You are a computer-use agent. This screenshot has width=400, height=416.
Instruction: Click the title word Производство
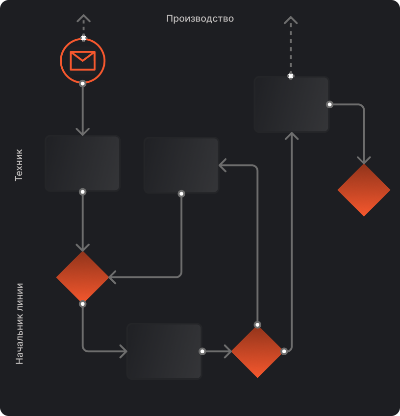point(200,19)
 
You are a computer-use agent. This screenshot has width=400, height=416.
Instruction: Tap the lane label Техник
point(19,165)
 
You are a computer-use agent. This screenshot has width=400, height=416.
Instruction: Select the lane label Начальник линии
point(19,324)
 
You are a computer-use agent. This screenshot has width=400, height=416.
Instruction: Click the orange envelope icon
point(82,61)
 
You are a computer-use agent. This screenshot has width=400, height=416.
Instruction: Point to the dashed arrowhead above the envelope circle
point(84,18)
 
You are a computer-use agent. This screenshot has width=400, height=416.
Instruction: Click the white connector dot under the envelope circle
point(82,84)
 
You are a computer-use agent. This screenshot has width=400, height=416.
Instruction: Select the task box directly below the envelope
point(82,163)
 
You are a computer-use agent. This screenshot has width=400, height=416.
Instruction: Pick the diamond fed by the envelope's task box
point(82,277)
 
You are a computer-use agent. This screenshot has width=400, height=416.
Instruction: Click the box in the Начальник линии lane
point(164,351)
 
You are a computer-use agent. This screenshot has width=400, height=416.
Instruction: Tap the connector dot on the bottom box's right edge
point(202,351)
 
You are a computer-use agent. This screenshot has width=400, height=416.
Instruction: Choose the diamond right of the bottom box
point(257,351)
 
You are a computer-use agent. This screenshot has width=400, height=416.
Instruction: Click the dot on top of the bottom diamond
point(257,325)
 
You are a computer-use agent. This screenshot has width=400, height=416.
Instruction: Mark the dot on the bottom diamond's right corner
point(284,351)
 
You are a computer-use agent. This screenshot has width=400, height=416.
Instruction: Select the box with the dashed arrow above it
point(292,104)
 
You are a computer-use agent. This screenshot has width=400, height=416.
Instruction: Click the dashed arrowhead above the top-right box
point(291,20)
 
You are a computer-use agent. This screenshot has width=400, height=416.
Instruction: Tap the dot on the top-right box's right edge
point(330,104)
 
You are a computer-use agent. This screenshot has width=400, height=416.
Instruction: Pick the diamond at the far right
point(364,190)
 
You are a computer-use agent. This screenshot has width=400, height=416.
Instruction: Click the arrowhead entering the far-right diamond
point(364,161)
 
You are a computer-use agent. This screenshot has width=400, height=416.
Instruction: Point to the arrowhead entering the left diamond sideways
point(112,277)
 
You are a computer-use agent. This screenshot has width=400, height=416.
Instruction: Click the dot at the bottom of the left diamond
point(82,304)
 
